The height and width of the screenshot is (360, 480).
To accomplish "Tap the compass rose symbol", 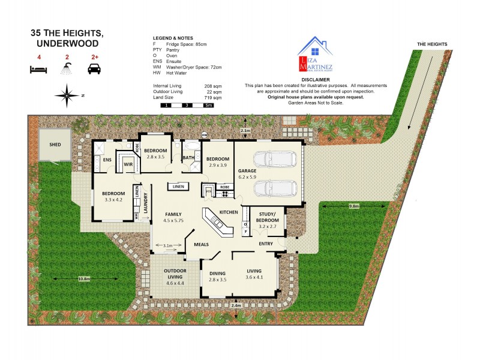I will (67, 95).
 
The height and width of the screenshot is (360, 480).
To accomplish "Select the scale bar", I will (188, 105).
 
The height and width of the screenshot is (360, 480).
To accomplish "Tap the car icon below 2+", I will (94, 70).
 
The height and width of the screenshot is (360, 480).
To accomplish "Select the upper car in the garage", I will (274, 160).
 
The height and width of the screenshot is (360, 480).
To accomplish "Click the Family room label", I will (173, 217).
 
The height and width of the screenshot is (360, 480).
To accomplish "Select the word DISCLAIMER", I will (316, 79).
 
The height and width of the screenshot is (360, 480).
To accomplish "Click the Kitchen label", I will (229, 212).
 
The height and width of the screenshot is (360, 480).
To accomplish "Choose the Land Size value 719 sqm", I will (213, 97).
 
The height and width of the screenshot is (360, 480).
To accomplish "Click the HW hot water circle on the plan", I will (204, 135).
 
